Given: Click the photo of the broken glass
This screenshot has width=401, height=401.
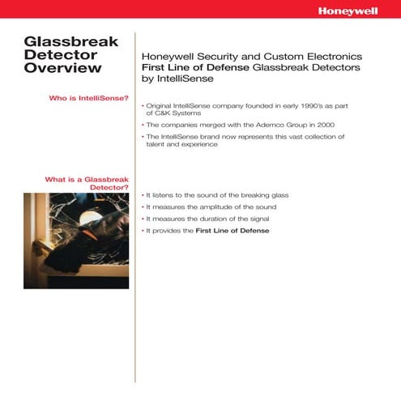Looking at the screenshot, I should point(76,240).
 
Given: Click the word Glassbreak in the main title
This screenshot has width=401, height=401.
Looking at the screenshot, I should point(72,41).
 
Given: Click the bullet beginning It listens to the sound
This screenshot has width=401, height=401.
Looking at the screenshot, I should point(216,195).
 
